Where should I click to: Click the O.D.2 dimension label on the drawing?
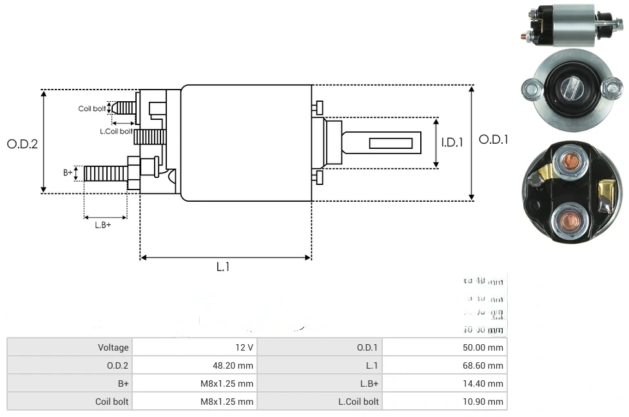(x=23, y=144)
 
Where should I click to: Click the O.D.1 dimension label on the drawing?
(x=493, y=139)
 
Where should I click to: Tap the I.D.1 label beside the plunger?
(x=452, y=142)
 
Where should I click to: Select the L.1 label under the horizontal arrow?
(x=222, y=266)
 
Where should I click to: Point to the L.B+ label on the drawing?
(x=102, y=225)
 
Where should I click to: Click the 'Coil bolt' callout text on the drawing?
(x=92, y=108)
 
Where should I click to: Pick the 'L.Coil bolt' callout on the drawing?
(x=116, y=131)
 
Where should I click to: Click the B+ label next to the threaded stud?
(x=68, y=172)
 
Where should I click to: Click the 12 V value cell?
(x=244, y=347)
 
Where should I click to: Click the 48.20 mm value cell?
(x=235, y=365)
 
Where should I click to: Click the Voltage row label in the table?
(x=113, y=347)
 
